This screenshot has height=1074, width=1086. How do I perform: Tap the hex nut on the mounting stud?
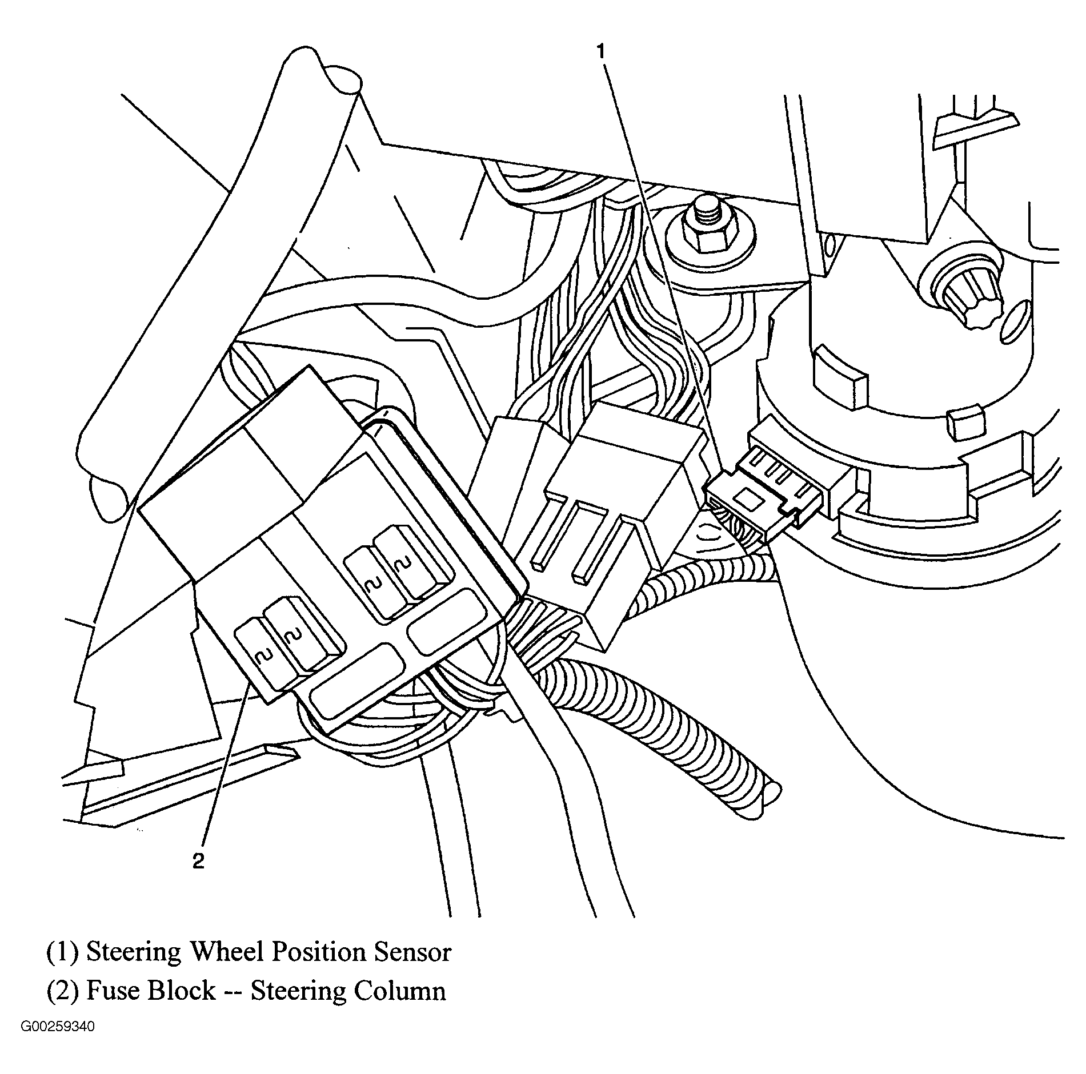coord(710,235)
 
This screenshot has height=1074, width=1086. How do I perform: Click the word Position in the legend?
coord(317,952)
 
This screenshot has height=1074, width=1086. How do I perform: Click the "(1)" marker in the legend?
coord(62,952)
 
